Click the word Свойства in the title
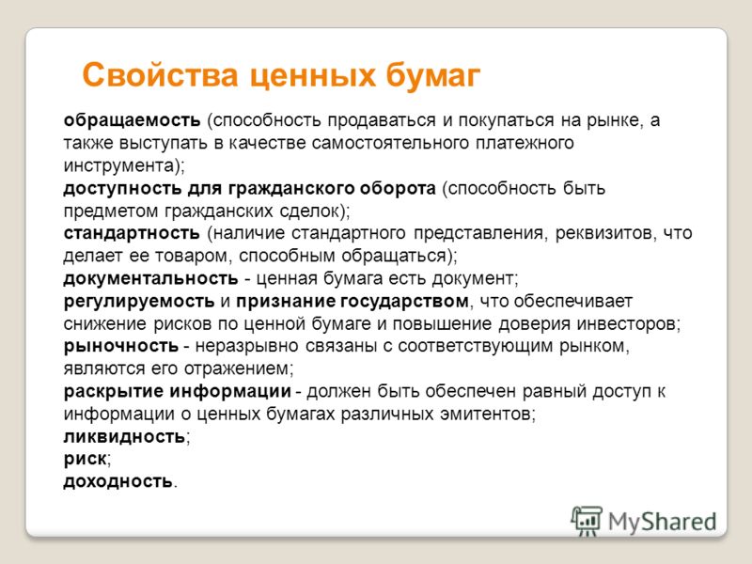(x=160, y=75)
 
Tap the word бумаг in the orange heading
(x=432, y=76)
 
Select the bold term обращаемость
(x=132, y=120)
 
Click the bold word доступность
(x=122, y=189)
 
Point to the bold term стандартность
(x=132, y=233)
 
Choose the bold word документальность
(x=150, y=278)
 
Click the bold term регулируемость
(x=139, y=301)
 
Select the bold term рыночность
(x=121, y=346)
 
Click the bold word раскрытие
(x=114, y=391)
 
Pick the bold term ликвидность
(x=124, y=436)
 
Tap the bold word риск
(x=85, y=459)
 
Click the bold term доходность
(x=118, y=481)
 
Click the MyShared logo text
(x=663, y=522)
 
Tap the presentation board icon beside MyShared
(x=587, y=521)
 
